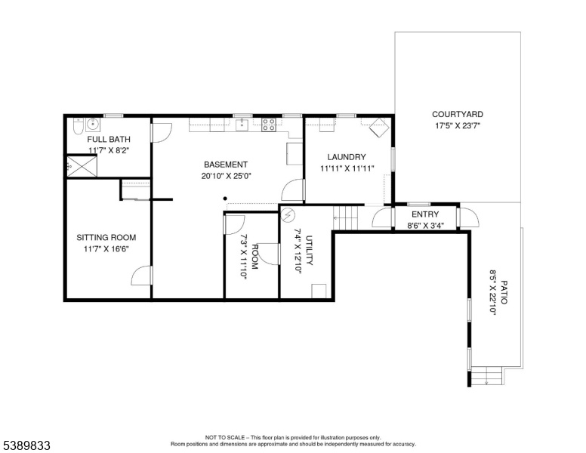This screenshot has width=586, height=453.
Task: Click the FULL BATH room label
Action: click(109, 140)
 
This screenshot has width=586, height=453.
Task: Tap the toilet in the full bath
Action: click(78, 126)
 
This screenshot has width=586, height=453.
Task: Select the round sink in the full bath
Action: click(92, 125)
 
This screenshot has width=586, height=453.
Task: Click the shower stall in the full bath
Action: click(82, 166)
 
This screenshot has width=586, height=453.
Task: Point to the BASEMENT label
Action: click(226, 165)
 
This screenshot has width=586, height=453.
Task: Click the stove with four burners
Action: click(269, 125)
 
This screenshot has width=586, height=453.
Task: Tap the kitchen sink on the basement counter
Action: click(242, 125)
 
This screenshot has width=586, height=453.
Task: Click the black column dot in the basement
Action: click(225, 199)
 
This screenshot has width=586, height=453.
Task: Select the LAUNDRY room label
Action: click(347, 157)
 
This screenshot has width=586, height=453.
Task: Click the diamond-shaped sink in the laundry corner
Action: click(379, 128)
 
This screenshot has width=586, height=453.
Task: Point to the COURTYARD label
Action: click(458, 114)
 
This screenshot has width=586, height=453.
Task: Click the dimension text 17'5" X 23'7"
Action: click(458, 126)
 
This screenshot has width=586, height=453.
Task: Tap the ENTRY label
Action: click(425, 214)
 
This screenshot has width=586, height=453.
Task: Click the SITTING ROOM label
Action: click(106, 237)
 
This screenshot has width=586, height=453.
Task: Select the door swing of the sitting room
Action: click(141, 276)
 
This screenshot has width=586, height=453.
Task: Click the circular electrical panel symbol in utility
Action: click(288, 215)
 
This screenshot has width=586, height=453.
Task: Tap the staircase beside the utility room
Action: click(346, 217)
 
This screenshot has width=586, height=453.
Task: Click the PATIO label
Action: click(504, 292)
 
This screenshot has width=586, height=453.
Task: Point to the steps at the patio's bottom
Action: click(486, 376)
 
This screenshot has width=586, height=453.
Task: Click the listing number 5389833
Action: click(26, 445)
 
